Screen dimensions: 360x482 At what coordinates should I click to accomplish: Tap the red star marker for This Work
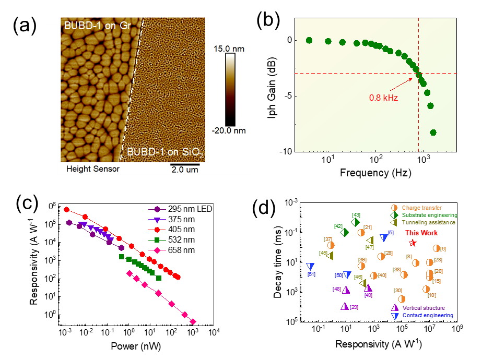point(413,243)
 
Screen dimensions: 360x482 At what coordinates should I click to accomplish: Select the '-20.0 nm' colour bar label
point(229,130)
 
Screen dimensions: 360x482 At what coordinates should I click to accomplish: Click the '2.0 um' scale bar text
point(185,170)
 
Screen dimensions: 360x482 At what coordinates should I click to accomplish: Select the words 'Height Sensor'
point(93,169)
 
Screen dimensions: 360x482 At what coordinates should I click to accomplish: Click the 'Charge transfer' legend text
point(422,208)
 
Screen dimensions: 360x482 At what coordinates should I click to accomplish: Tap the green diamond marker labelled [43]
point(355,222)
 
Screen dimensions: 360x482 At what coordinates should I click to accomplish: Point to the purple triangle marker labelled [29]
point(345,306)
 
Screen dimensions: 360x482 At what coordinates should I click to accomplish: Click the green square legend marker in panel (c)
point(157,240)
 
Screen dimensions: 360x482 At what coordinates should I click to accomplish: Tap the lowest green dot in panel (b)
point(433,133)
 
